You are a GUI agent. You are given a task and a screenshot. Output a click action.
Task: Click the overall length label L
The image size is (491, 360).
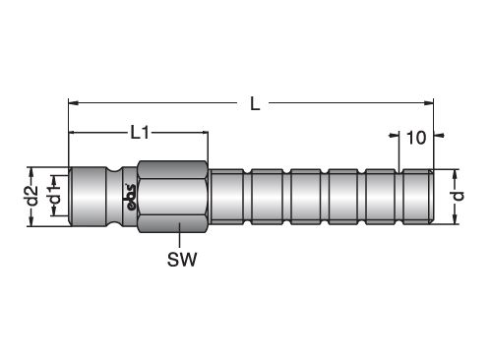coord(255,103)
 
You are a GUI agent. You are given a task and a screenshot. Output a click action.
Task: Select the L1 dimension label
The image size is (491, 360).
coord(140,133)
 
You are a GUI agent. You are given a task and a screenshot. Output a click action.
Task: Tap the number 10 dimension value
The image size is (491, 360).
coord(416,138)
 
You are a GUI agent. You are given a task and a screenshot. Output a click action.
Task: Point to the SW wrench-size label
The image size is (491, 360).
coord(182,260)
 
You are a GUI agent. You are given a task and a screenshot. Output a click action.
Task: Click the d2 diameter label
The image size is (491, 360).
coord(32,196)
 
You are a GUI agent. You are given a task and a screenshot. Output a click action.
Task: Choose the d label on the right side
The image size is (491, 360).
coord(459,196)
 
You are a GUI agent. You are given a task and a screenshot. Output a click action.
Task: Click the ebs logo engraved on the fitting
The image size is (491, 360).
coord(131,197)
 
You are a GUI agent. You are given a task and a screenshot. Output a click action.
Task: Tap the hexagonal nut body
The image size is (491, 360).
coord(173,197)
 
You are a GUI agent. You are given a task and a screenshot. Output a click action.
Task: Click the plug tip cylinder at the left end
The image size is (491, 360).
coord(88,197)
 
